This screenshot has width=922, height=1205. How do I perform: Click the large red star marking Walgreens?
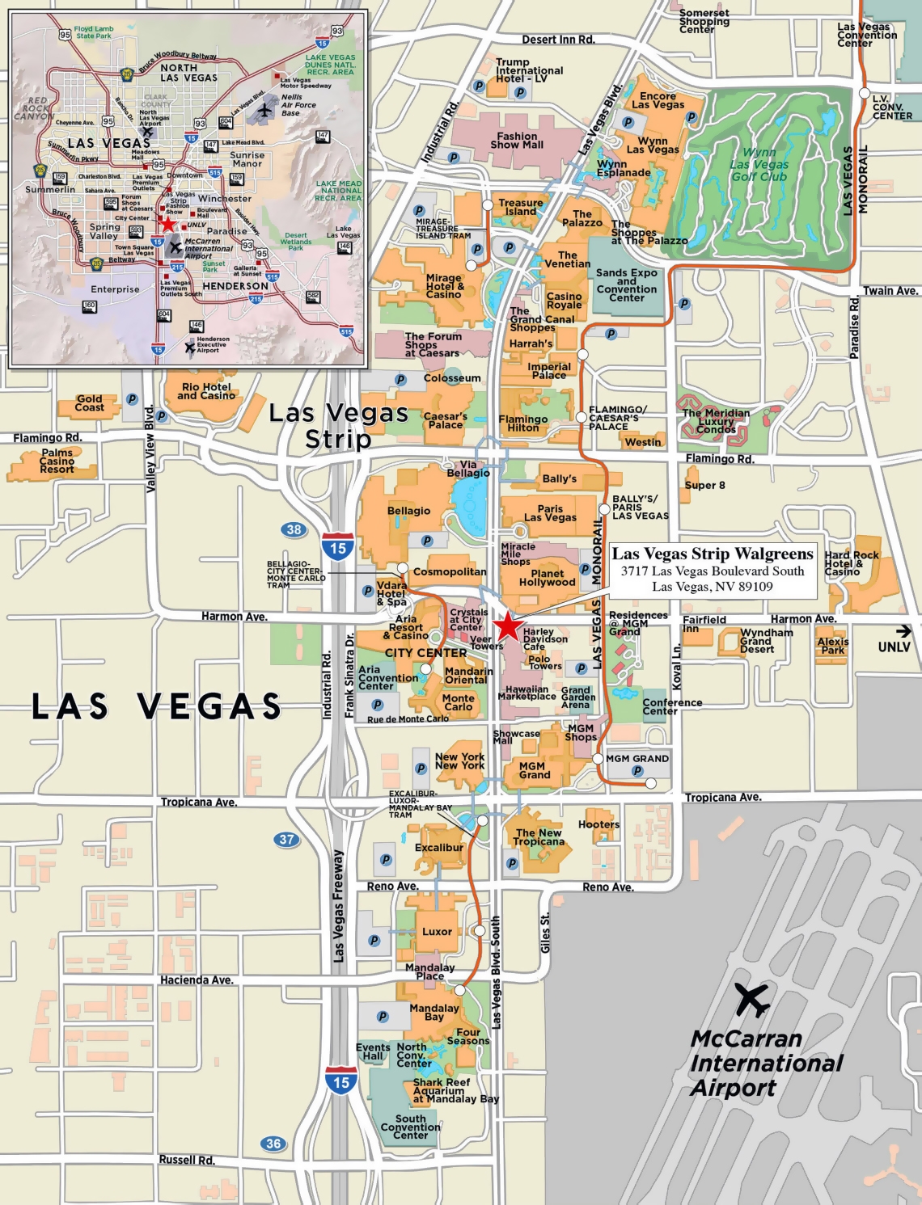pyautogui.click(x=507, y=626)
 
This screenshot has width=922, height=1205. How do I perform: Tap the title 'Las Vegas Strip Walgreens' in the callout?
pyautogui.click(x=712, y=554)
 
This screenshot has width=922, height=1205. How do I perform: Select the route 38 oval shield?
pyautogui.click(x=294, y=530)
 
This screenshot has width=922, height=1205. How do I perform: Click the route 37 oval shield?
pyautogui.click(x=286, y=840)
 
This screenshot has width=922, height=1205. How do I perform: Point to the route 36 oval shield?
pyautogui.click(x=273, y=1144)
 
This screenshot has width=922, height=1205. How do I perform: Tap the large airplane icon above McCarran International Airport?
pyautogui.click(x=752, y=1001)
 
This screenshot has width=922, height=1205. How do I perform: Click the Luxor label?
pyautogui.click(x=437, y=932)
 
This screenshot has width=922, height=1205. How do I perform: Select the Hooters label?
pyautogui.click(x=598, y=825)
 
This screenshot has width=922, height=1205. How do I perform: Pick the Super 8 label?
pyautogui.click(x=704, y=486)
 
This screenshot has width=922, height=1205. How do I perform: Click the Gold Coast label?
pyautogui.click(x=89, y=403)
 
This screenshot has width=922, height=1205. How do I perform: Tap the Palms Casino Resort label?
pyautogui.click(x=57, y=461)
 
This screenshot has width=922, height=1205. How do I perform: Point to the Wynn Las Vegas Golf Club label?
pyautogui.click(x=759, y=164)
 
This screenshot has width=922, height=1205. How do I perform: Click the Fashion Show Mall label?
pyautogui.click(x=517, y=141)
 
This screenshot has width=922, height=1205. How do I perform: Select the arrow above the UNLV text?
pyautogui.click(x=903, y=631)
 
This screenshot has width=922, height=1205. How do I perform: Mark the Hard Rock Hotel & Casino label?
pyautogui.click(x=851, y=563)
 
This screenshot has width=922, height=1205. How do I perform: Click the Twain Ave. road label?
pyautogui.click(x=890, y=291)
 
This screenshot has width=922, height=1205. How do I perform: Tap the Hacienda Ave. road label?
pyautogui.click(x=197, y=980)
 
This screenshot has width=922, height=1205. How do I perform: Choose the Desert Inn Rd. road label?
pyautogui.click(x=558, y=40)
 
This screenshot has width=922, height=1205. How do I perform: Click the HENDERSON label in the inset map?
pyautogui.click(x=235, y=286)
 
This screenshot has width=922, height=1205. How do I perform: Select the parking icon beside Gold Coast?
pyautogui.click(x=132, y=399)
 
